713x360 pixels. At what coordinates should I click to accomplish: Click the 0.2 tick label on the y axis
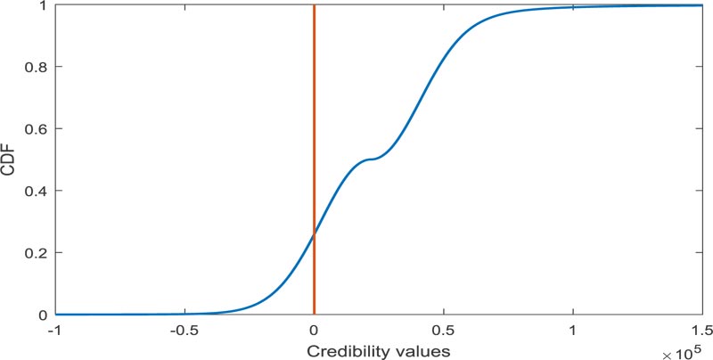tap(36, 253)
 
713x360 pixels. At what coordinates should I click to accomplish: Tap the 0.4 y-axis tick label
tap(36, 191)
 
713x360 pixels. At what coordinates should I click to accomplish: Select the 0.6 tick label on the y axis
tap(36, 128)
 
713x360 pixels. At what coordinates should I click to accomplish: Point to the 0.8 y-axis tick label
tap(36, 67)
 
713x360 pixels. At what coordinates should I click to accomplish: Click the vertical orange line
tap(314, 107)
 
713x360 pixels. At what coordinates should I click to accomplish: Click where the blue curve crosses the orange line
tap(314, 234)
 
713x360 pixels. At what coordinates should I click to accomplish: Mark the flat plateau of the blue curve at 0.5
tap(370, 159)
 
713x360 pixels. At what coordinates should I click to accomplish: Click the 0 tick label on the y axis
tap(43, 315)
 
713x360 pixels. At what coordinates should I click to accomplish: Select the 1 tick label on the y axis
tap(43, 5)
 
